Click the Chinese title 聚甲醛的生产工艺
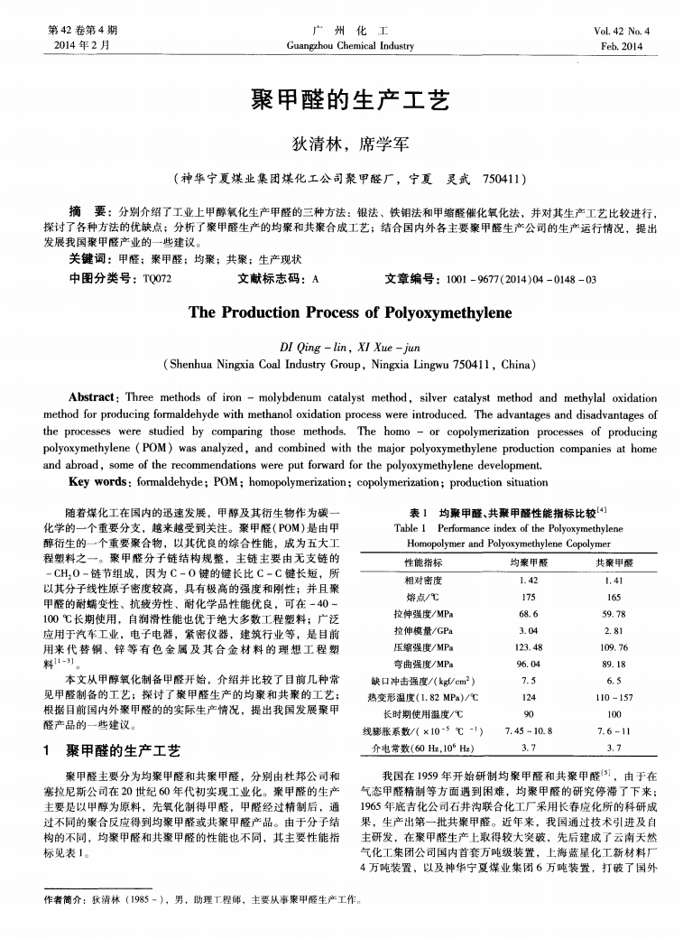[x=341, y=99]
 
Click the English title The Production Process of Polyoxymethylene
[x=341, y=313]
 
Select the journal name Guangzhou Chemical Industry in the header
[x=341, y=46]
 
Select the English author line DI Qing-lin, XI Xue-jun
[x=341, y=347]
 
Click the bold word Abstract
[x=97, y=396]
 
